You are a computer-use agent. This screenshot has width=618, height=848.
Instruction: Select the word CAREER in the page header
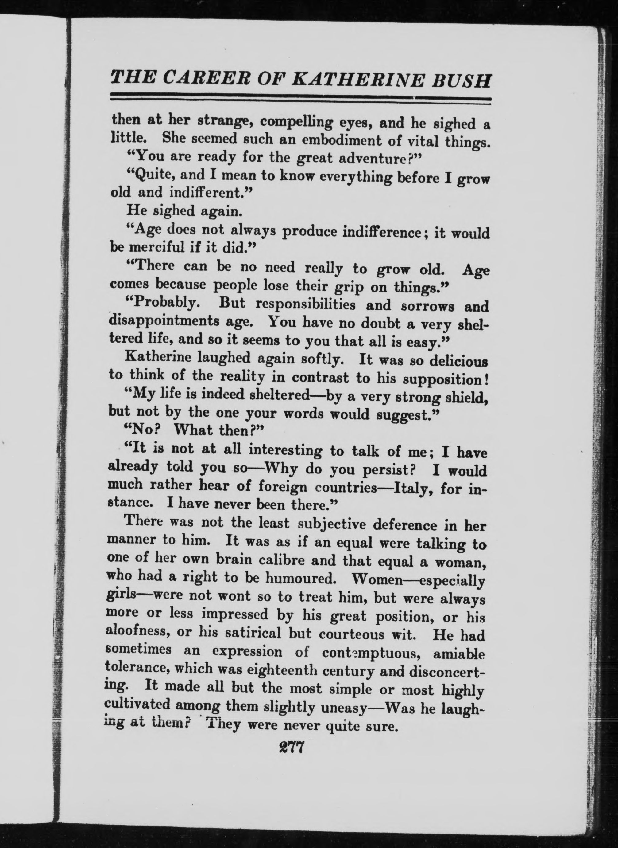click(203, 79)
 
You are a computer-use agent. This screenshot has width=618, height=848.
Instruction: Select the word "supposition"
click(443, 381)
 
